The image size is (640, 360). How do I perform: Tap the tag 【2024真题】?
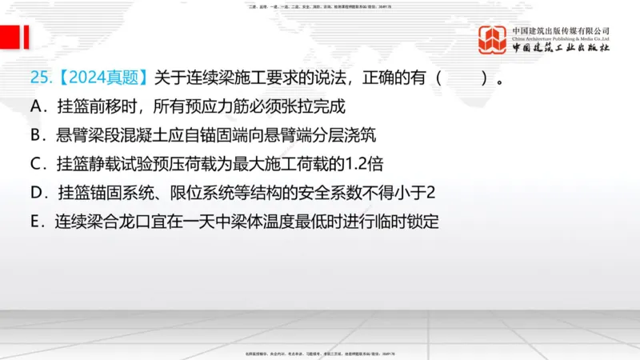point(99,78)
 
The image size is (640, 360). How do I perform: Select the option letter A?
point(36,106)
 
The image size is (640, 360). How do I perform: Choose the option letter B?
point(36,135)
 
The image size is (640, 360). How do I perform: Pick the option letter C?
point(36,164)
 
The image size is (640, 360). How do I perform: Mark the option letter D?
point(36,193)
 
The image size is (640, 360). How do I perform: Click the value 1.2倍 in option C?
point(362,164)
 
